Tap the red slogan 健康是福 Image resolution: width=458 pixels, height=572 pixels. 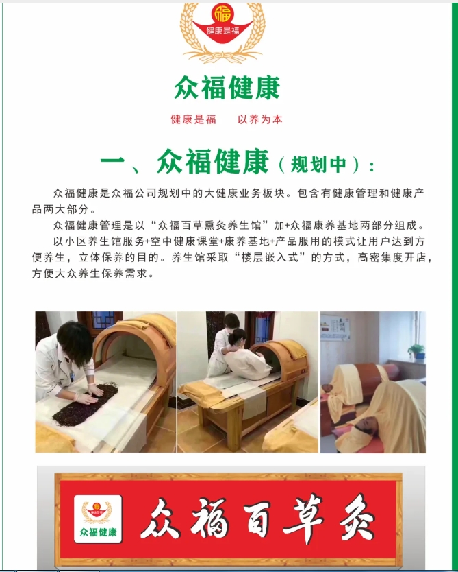pyautogui.click(x=193, y=119)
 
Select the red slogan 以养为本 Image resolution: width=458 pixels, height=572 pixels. pyautogui.click(x=259, y=119)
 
